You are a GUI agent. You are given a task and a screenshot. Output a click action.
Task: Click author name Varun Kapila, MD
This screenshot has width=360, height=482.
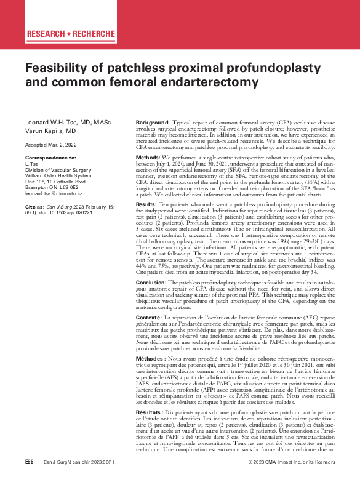[50, 131]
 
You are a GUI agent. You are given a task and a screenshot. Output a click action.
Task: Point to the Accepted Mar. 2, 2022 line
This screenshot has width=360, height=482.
[52, 144]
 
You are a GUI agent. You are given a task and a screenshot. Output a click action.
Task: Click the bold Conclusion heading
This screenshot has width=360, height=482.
[134, 281]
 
